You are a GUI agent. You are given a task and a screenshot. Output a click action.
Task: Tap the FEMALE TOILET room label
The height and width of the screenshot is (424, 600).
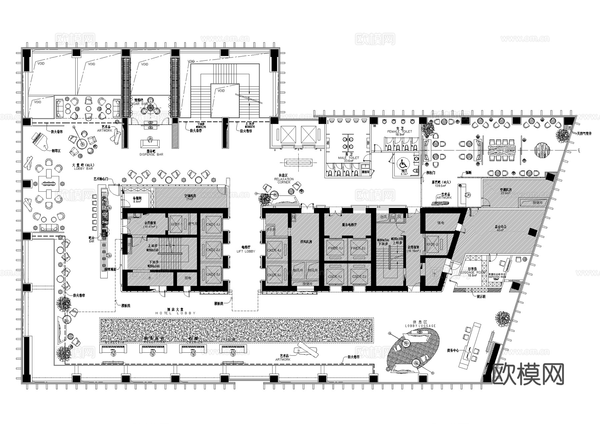[x=399, y=131]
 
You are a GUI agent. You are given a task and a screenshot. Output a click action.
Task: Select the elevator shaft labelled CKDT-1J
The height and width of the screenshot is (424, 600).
[x=213, y=224]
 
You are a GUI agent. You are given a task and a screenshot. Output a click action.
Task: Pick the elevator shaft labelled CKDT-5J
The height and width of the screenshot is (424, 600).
[x=274, y=275]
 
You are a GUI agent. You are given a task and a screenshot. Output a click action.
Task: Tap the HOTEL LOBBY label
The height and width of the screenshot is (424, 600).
[x=175, y=313]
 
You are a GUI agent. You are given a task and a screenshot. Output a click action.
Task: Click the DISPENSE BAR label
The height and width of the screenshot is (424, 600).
[x=151, y=155]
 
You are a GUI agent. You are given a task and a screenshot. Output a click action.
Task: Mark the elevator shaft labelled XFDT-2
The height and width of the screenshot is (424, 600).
[x=432, y=244]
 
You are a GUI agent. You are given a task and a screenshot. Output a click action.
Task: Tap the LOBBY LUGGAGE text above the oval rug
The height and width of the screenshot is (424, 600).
[x=420, y=326]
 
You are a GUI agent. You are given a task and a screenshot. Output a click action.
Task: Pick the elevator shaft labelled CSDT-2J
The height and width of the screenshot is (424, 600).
[x=359, y=277]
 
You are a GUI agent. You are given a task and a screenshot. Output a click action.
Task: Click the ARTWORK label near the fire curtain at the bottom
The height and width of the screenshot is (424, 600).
[x=283, y=359]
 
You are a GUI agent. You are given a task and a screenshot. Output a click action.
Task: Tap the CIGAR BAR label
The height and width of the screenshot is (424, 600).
[x=140, y=104]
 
